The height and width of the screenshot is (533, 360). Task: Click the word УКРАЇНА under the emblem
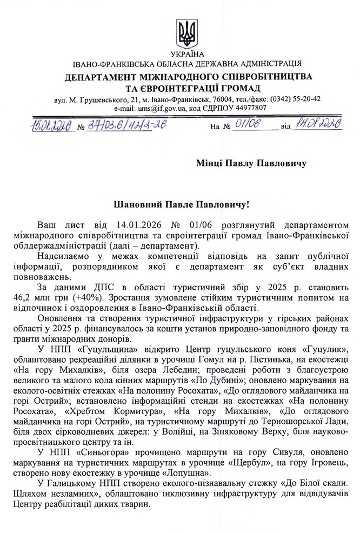click(x=187, y=54)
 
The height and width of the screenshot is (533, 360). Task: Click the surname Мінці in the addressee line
click(x=213, y=163)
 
